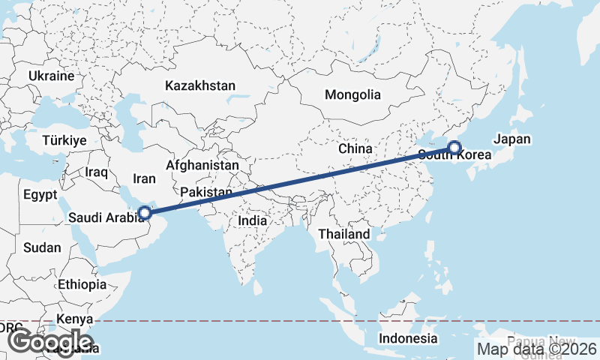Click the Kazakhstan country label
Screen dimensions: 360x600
click(201, 85)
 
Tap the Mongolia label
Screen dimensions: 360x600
click(352, 95)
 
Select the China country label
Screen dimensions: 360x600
click(355, 148)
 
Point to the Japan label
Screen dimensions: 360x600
click(512, 139)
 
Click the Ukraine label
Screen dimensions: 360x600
click(52, 76)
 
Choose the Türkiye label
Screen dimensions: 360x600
click(64, 140)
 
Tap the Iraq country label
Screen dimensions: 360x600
click(97, 172)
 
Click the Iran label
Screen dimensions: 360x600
click(144, 178)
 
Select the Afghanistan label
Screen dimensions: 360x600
click(202, 165)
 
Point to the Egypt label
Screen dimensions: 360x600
click(40, 195)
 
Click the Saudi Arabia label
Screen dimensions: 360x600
click(105, 217)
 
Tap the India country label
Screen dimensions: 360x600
click(252, 221)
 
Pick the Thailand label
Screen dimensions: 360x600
click(344, 234)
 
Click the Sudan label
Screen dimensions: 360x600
click(42, 247)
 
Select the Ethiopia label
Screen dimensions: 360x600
click(82, 284)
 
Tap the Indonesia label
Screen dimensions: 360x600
click(407, 338)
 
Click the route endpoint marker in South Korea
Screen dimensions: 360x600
click(454, 148)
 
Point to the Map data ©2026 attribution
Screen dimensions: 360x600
click(537, 348)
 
